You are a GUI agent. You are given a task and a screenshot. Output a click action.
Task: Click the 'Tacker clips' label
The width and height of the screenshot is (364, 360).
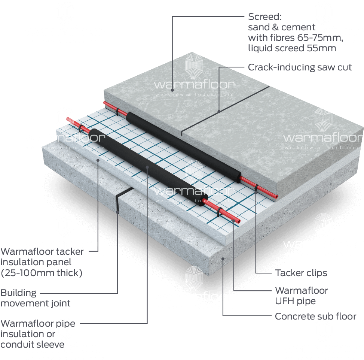click(x=301, y=273)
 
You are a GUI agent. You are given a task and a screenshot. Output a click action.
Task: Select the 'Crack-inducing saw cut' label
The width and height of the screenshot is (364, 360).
click(x=300, y=67)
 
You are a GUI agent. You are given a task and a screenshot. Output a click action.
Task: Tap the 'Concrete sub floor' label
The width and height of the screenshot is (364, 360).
click(x=315, y=317)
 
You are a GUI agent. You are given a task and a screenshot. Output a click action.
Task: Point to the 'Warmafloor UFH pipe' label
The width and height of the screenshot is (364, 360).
click(x=301, y=296)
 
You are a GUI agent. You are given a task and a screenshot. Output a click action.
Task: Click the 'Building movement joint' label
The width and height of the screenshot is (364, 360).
click(x=35, y=298)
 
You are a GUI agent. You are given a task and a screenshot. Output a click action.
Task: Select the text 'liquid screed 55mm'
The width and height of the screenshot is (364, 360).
click(x=292, y=48)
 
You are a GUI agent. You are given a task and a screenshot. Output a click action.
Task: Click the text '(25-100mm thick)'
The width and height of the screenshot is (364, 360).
click(x=42, y=273)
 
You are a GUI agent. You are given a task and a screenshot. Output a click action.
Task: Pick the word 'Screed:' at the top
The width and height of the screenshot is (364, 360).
click(x=264, y=17)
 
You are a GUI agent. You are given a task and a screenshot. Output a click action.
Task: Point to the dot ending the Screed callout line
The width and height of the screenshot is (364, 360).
click(x=172, y=90)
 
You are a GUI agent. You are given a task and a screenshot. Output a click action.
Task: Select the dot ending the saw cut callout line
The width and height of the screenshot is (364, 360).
click(x=219, y=111)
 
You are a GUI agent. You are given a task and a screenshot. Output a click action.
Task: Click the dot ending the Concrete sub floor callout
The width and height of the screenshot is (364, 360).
click(x=223, y=258)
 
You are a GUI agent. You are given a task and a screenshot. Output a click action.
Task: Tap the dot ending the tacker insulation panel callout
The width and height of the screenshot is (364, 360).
click(x=98, y=160)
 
